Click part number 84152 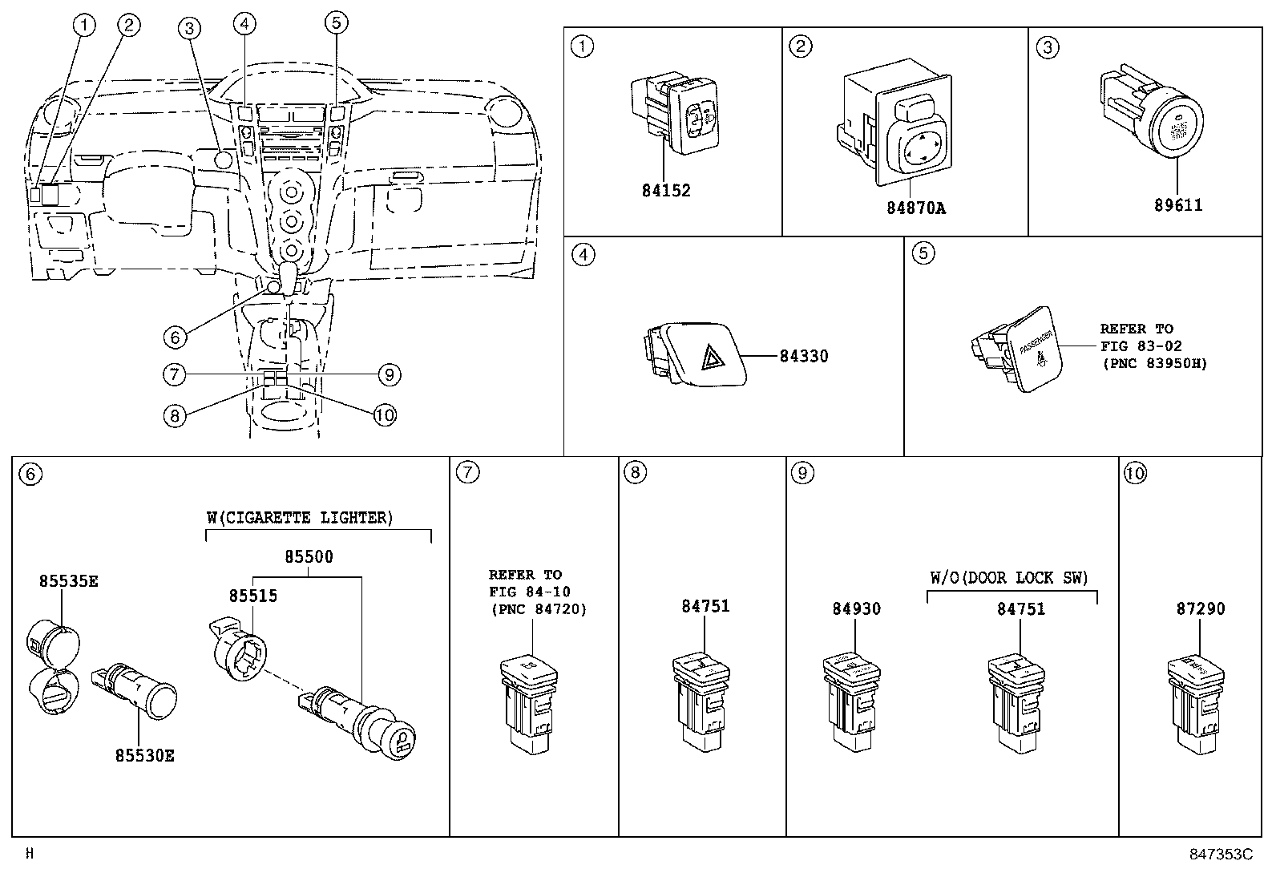pyautogui.click(x=665, y=191)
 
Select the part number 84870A pyautogui.click(x=915, y=208)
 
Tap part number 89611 pyautogui.click(x=1177, y=205)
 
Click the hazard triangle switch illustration pyautogui.click(x=695, y=354)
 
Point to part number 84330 pyautogui.click(x=803, y=356)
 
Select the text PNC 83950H pyautogui.click(x=1153, y=364)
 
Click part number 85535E pyautogui.click(x=68, y=581)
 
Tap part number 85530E pyautogui.click(x=144, y=755)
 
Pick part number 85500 pyautogui.click(x=309, y=556)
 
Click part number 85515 pyautogui.click(x=252, y=596)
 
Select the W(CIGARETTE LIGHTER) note pyautogui.click(x=300, y=518)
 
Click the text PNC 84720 pyautogui.click(x=538, y=610)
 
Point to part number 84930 pyautogui.click(x=855, y=609)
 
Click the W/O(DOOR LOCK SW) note pyautogui.click(x=1009, y=578)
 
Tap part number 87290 pyautogui.click(x=1200, y=609)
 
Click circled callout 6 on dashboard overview pyautogui.click(x=175, y=337)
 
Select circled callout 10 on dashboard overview pyautogui.click(x=385, y=414)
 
